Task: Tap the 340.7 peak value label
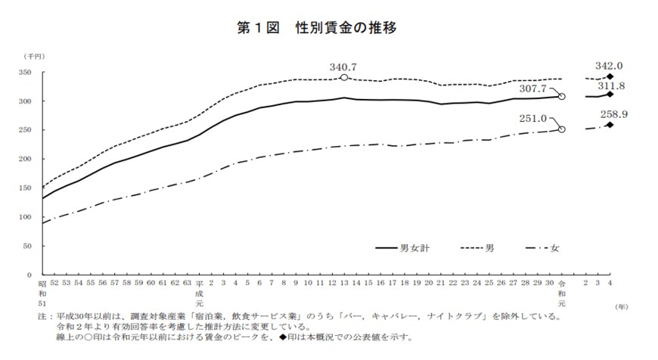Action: pyautogui.click(x=343, y=66)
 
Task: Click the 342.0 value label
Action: pyautogui.click(x=610, y=66)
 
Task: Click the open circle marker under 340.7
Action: pyautogui.click(x=344, y=77)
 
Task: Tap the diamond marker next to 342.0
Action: pyautogui.click(x=610, y=76)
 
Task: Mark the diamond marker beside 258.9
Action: pyautogui.click(x=610, y=125)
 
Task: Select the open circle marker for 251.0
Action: pyautogui.click(x=562, y=129)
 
